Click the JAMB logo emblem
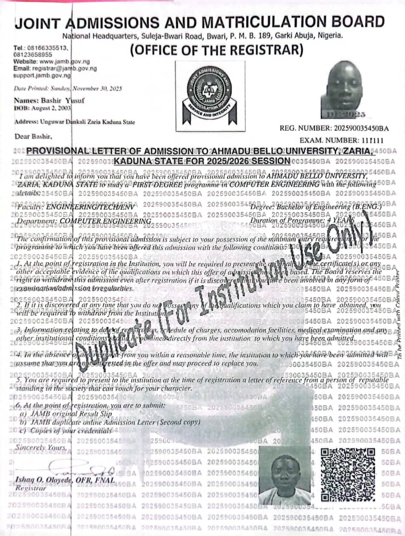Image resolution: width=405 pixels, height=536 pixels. click(x=209, y=92)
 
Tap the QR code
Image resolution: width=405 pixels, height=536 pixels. click(x=347, y=475)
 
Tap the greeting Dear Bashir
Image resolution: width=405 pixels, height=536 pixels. click(x=33, y=136)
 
